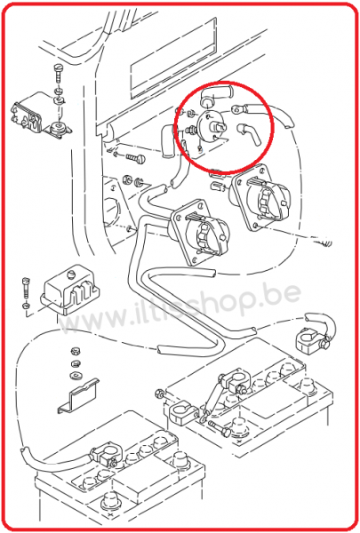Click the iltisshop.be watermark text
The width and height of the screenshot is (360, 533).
tap(180, 311)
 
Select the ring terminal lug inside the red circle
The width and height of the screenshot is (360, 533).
tap(237, 109)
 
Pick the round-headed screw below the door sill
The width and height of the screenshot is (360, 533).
tap(136, 157)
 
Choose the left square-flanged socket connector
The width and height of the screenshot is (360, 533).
tap(200, 231)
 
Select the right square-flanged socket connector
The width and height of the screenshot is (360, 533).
tap(260, 197)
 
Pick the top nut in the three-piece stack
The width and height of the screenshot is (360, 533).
tap(75, 351)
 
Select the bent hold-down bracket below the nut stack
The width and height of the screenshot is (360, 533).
tap(78, 395)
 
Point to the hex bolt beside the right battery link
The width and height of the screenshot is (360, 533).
tap(220, 427)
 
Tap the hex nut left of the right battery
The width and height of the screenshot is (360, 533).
tap(158, 394)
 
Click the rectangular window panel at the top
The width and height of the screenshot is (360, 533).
tap(173, 57)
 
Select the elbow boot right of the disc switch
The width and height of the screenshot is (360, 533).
tap(249, 134)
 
